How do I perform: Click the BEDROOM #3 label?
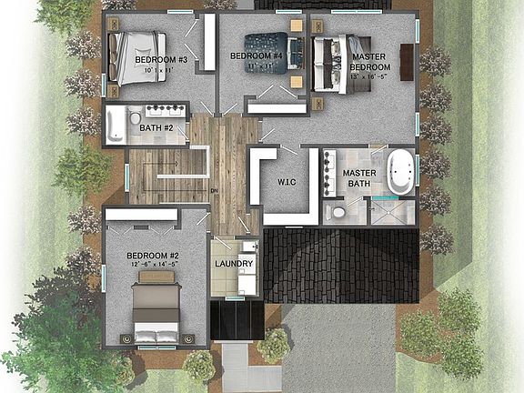(161, 61)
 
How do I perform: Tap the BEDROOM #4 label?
(257, 56)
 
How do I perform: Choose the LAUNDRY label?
(234, 265)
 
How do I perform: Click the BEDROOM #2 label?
(151, 256)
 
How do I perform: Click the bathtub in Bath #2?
(115, 125)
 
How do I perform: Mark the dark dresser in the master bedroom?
(407, 61)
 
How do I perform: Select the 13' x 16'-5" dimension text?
(370, 76)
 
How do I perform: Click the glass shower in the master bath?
(394, 213)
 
